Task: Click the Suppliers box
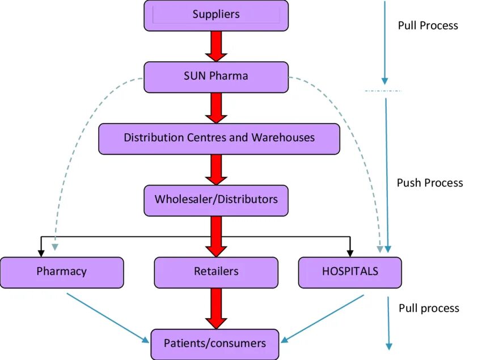click(x=216, y=15)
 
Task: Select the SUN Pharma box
click(x=216, y=77)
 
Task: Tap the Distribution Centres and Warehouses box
click(x=219, y=138)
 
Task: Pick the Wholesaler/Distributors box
click(x=216, y=200)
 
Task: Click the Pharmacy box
click(x=62, y=272)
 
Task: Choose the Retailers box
click(x=216, y=272)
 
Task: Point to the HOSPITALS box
click(x=350, y=272)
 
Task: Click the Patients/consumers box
click(x=215, y=344)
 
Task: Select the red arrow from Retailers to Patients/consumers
click(x=216, y=308)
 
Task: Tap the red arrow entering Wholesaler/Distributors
click(x=216, y=170)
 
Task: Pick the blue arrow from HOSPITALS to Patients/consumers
click(x=323, y=319)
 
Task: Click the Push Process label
click(x=430, y=183)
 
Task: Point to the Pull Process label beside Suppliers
click(x=428, y=26)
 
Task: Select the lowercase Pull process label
click(x=429, y=308)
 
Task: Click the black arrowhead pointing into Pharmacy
click(x=41, y=249)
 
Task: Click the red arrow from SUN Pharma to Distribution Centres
click(x=216, y=108)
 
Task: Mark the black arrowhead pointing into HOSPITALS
click(x=350, y=249)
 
